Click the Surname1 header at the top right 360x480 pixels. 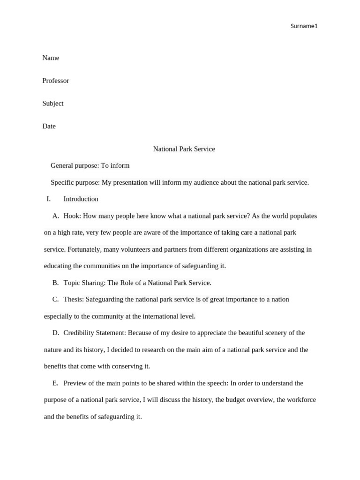click(x=304, y=26)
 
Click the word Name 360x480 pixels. click(x=51, y=58)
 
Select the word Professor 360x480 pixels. click(x=56, y=81)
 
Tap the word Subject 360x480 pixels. click(x=53, y=103)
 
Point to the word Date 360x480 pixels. click(x=49, y=126)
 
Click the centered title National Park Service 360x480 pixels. click(x=184, y=149)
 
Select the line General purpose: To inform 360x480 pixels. click(x=90, y=165)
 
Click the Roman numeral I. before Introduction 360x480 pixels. click(x=48, y=199)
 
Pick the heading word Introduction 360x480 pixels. click(x=81, y=199)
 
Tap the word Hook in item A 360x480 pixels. click(x=71, y=216)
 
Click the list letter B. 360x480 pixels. click(x=55, y=283)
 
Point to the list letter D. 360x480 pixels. click(x=55, y=333)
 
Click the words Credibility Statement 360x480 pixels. click(x=94, y=333)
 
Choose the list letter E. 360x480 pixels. click(x=55, y=383)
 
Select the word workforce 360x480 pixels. click(x=296, y=400)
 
